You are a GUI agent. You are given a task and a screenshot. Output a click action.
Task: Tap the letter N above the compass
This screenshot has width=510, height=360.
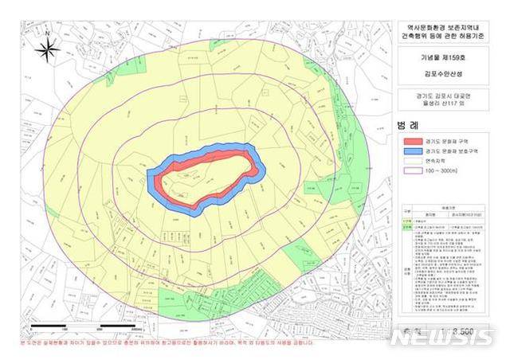(49, 33)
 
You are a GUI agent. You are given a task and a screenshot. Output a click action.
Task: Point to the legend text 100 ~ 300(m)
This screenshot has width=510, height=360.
(440, 170)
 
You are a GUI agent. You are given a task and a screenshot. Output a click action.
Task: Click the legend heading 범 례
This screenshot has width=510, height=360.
(406, 125)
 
